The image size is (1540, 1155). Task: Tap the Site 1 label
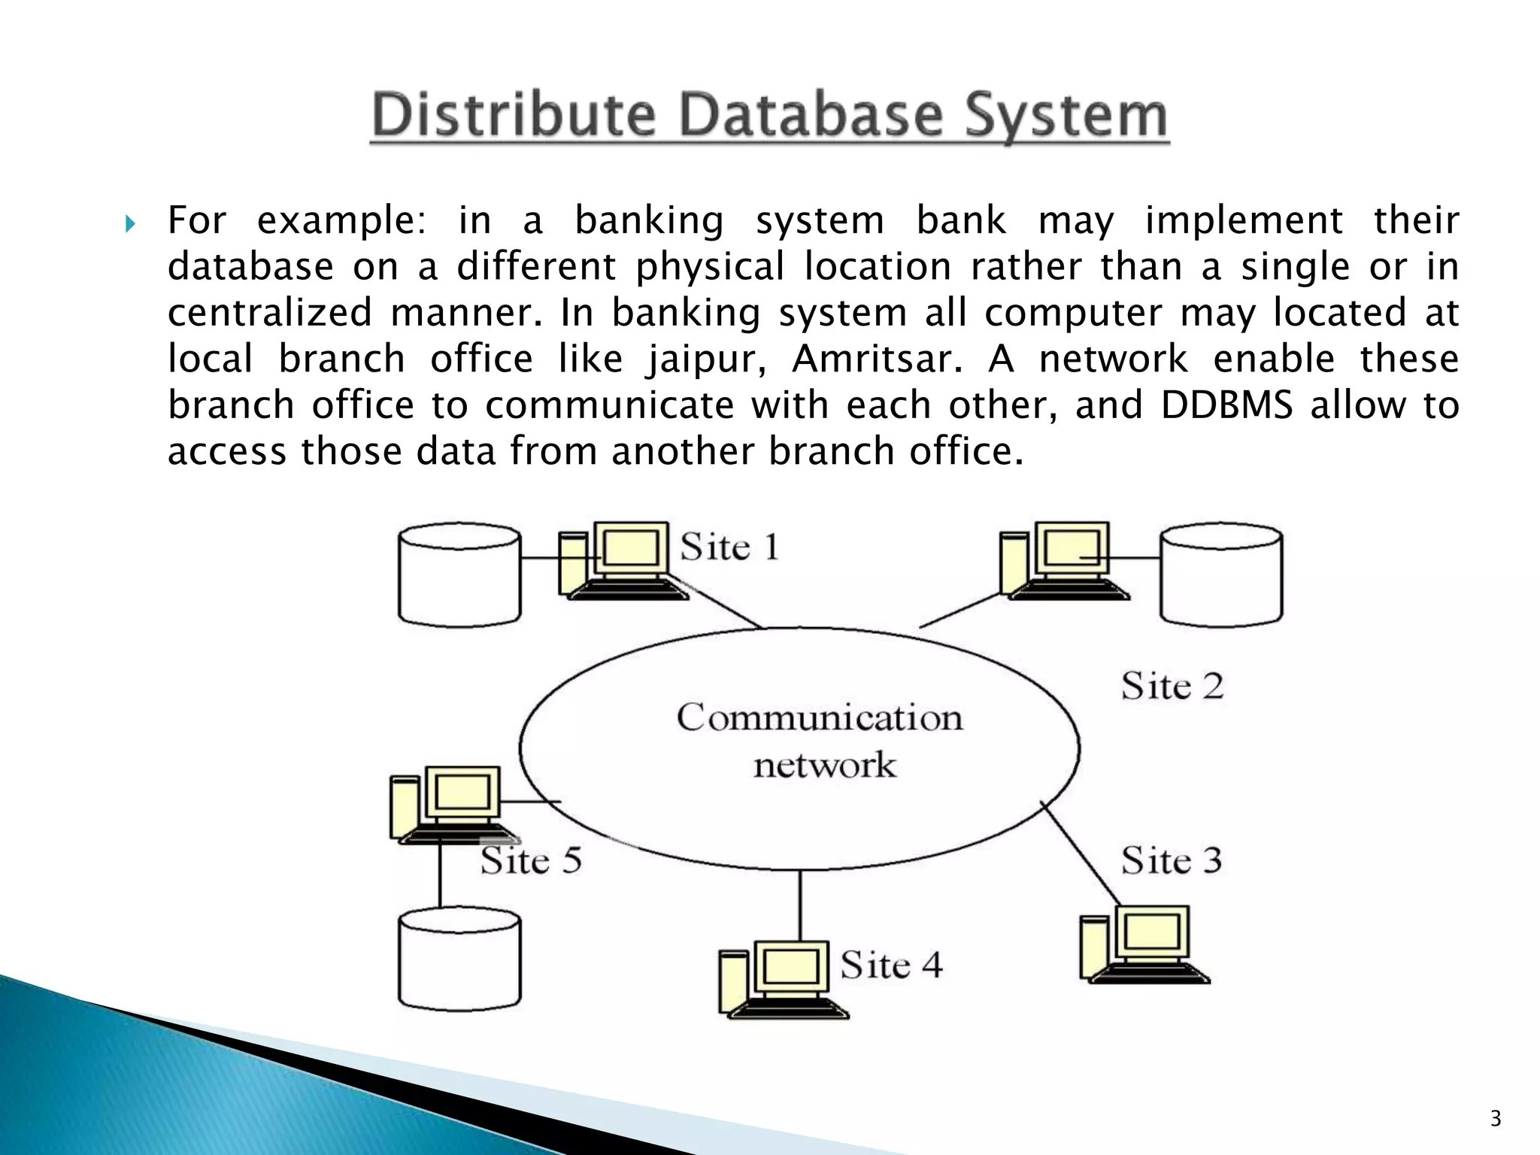click(x=729, y=547)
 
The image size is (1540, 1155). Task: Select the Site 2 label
click(x=1172, y=686)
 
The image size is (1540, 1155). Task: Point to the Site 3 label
click(x=1171, y=860)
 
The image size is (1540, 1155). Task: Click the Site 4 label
click(x=891, y=965)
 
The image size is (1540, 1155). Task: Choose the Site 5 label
click(x=531, y=860)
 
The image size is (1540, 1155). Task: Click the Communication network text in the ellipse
click(x=820, y=741)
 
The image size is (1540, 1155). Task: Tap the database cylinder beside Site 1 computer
click(x=459, y=575)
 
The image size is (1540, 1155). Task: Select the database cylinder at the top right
click(x=1221, y=575)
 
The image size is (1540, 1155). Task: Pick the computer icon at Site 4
click(x=782, y=980)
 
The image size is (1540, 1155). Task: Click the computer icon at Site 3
click(x=1143, y=944)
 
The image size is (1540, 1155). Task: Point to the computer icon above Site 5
click(x=451, y=805)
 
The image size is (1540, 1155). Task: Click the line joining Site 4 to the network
click(x=799, y=905)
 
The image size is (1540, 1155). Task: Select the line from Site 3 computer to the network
click(x=1080, y=853)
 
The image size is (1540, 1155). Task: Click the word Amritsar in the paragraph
click(x=877, y=359)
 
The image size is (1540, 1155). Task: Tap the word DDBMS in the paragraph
click(x=1226, y=405)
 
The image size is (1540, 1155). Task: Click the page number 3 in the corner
click(x=1495, y=1119)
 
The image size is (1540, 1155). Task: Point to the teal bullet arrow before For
click(x=130, y=223)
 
